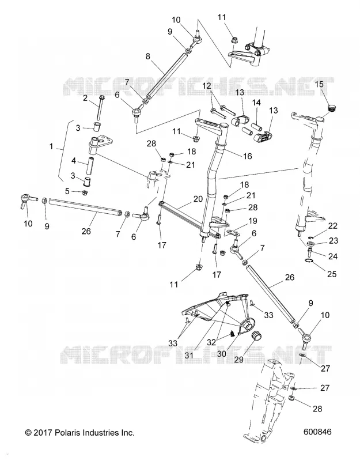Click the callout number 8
click(148, 56)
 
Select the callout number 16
click(248, 156)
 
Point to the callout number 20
click(198, 199)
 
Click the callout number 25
click(332, 274)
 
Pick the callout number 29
click(239, 359)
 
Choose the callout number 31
click(189, 355)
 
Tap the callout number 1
click(51, 146)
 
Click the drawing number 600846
click(317, 432)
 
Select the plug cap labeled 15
click(331, 108)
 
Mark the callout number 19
click(253, 221)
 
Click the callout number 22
click(333, 226)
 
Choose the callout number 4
click(74, 161)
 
